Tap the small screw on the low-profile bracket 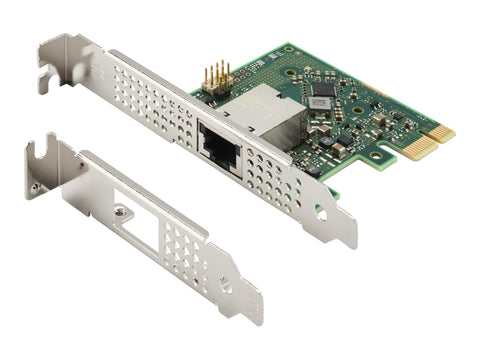pos(120,210)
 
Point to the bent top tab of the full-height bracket pos(60,50)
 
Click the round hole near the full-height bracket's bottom pos(320,211)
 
